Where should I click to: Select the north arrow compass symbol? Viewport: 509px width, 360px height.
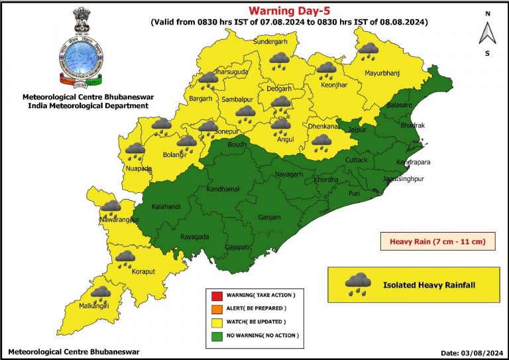coord(487,32)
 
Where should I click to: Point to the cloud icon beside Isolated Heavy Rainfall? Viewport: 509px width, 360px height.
coord(358,284)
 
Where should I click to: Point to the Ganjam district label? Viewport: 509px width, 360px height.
coord(270,217)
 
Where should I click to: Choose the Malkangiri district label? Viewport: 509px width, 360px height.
coord(93,306)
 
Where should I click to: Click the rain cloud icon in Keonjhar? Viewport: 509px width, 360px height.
coord(326,70)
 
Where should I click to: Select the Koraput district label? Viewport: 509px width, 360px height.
coord(124,270)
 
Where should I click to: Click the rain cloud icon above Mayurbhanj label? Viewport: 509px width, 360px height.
coord(368,50)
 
